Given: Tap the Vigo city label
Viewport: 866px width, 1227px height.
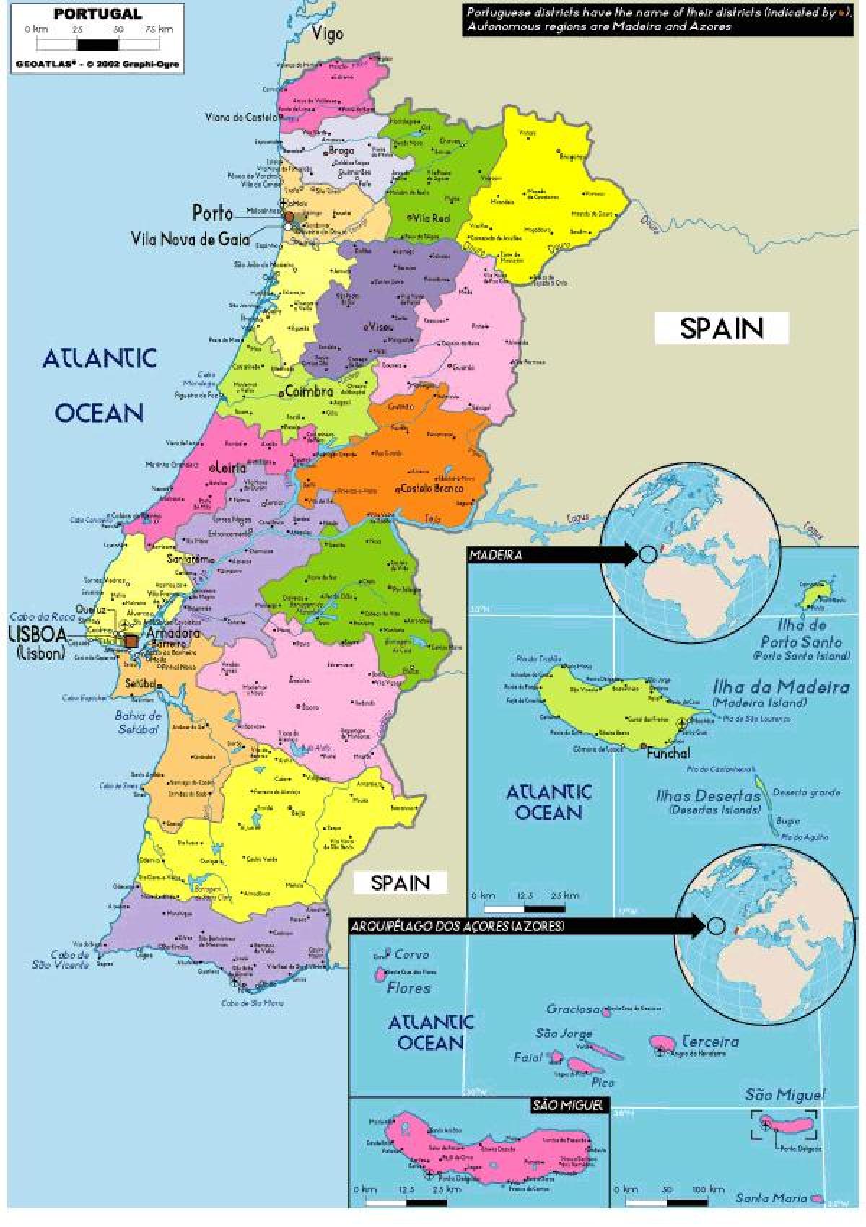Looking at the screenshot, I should click(328, 34).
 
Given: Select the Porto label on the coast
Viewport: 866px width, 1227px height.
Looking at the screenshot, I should click(213, 213).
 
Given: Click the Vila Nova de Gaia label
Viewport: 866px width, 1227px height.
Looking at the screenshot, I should click(191, 239).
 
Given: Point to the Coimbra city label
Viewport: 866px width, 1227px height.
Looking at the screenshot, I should click(309, 392).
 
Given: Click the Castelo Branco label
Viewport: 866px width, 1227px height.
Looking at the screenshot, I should click(432, 489).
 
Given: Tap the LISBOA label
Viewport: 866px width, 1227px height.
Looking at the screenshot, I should click(38, 635).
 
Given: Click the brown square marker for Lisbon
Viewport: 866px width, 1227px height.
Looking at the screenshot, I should click(131, 640).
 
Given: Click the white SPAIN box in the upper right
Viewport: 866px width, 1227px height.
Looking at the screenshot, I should click(721, 328).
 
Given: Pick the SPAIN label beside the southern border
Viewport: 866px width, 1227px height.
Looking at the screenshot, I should click(400, 882).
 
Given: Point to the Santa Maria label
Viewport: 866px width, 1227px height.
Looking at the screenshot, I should click(771, 1198).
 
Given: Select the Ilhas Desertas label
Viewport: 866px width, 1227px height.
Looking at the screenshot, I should click(707, 796).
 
